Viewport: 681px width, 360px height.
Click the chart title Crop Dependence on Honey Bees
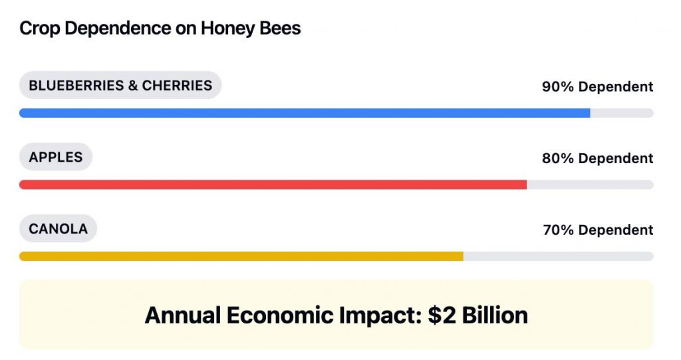tap(160, 29)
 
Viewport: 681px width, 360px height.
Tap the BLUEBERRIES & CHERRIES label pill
tap(120, 85)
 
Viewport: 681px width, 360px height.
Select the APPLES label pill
tap(56, 157)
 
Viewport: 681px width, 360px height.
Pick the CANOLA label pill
tap(58, 229)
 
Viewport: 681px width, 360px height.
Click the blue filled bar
tap(305, 113)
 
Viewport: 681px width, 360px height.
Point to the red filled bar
tap(273, 184)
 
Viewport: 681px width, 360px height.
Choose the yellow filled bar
tap(241, 256)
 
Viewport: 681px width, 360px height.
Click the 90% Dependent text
tap(597, 87)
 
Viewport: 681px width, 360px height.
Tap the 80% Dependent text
tap(597, 158)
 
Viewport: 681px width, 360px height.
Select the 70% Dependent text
tap(597, 230)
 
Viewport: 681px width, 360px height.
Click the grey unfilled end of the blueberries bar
tap(621, 113)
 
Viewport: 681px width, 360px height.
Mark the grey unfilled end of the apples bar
tap(590, 184)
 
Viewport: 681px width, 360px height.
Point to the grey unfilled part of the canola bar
tap(558, 256)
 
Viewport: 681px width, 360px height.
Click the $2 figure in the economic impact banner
tap(440, 315)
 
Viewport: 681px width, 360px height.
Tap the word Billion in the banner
tap(493, 315)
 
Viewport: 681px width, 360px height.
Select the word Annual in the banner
tap(182, 315)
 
